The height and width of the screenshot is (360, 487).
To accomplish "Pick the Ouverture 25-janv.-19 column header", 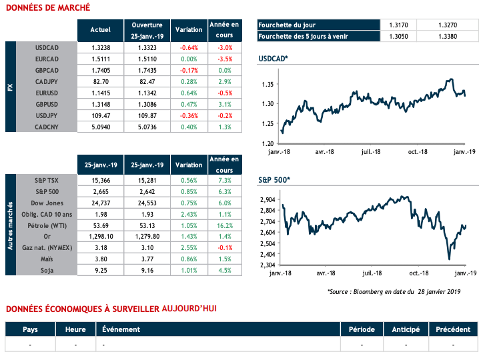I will pos(147,29).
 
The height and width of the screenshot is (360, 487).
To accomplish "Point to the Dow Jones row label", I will pos(46,203).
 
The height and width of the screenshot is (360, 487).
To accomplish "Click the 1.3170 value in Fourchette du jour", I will pos(397,25).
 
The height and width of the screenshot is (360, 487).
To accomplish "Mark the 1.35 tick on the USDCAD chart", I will pos(268,84).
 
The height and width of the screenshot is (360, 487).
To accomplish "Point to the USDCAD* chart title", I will pos(274,60).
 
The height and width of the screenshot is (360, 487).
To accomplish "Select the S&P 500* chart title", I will pos(274,180).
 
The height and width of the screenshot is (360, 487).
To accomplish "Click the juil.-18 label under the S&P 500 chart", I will pos(371,273).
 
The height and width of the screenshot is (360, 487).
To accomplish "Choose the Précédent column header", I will pos(453,329).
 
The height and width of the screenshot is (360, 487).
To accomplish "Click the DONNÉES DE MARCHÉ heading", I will pos(47,8).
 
